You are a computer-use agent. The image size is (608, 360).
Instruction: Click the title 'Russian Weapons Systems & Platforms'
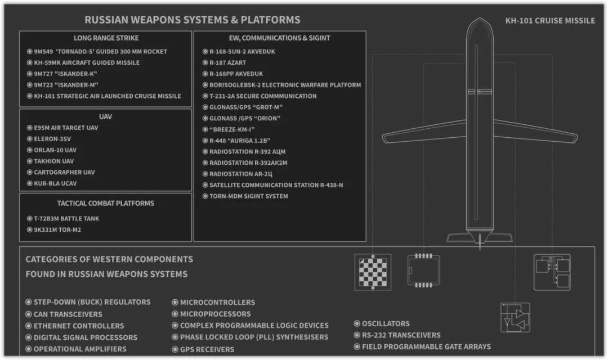tap(192, 20)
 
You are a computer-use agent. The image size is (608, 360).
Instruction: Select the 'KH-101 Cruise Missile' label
tap(550, 20)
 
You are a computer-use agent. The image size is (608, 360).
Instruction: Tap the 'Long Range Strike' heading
tap(106, 38)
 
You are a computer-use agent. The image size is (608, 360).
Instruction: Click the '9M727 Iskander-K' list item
tap(66, 74)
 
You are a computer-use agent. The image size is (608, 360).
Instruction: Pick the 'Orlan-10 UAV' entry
tap(55, 150)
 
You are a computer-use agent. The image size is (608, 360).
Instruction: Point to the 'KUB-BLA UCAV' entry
tap(55, 183)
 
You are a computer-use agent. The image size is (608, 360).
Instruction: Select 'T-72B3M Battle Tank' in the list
tap(66, 218)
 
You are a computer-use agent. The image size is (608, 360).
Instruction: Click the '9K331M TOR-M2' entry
tap(57, 229)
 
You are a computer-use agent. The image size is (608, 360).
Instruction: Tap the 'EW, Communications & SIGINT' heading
tap(280, 38)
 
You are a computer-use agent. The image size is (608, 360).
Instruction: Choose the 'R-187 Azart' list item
tap(228, 62)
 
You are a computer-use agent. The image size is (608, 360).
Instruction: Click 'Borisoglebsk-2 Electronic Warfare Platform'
tap(285, 85)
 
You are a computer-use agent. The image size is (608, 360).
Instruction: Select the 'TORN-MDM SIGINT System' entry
tap(249, 196)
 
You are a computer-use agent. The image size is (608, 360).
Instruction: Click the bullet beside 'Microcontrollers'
tap(175, 303)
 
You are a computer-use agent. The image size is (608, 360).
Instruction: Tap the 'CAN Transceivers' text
tap(68, 314)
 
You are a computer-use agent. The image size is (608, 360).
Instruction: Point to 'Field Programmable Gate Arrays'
tap(426, 346)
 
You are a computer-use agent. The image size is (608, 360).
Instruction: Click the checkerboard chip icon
tap(373, 272)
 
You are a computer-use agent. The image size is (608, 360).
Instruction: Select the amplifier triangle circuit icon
tap(515, 317)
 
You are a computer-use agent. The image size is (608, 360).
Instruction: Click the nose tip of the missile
tap(479, 20)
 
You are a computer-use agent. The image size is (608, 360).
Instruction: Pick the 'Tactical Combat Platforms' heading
tap(105, 203)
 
